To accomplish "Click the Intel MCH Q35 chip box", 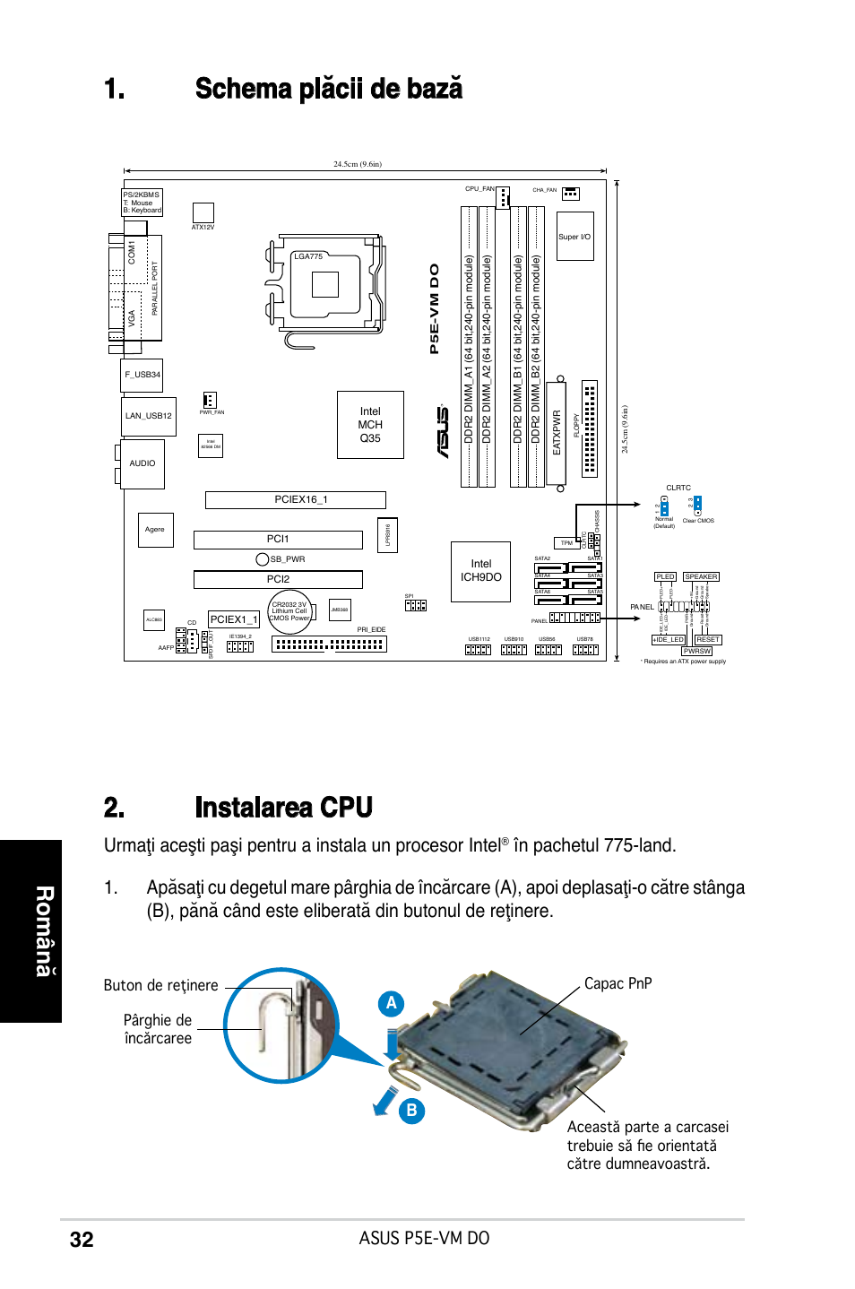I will pyautogui.click(x=370, y=425).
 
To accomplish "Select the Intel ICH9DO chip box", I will pyautogui.click(x=480, y=571).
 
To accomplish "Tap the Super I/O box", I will pyautogui.click(x=574, y=237).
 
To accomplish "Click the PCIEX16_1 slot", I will pyautogui.click(x=296, y=500).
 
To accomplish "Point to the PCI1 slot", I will pyautogui.click(x=278, y=540).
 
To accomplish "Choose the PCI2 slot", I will pyautogui.click(x=278, y=580).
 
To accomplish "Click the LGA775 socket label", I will pyautogui.click(x=308, y=256).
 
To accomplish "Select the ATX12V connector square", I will pyautogui.click(x=203, y=212).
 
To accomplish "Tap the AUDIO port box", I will pyautogui.click(x=142, y=463).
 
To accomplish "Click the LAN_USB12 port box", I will pyautogui.click(x=149, y=416).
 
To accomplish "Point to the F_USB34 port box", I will pyautogui.click(x=142, y=375).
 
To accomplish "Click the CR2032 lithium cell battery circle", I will pyautogui.click(x=289, y=611).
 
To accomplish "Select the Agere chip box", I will pyautogui.click(x=155, y=530).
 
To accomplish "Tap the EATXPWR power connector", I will pyautogui.click(x=556, y=433).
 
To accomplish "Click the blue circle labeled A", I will pyautogui.click(x=391, y=1003).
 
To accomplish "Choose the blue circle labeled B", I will pyautogui.click(x=411, y=1111).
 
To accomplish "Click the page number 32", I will pyautogui.click(x=82, y=1240).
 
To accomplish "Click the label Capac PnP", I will pyautogui.click(x=617, y=983).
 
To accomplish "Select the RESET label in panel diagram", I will pyautogui.click(x=707, y=640).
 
